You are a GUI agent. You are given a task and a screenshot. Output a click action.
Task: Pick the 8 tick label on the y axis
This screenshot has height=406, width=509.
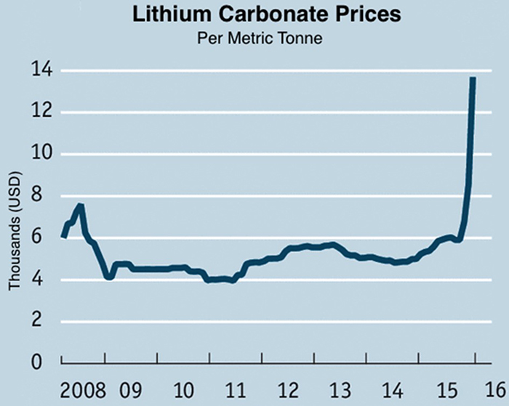pyautogui.click(x=45, y=196)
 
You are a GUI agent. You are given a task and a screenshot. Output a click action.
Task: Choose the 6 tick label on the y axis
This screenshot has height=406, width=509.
pyautogui.click(x=45, y=238)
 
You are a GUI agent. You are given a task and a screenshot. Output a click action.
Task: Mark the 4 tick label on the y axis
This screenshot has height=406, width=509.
pyautogui.click(x=45, y=280)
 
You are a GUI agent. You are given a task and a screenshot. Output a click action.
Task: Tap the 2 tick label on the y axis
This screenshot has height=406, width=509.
pyautogui.click(x=45, y=322)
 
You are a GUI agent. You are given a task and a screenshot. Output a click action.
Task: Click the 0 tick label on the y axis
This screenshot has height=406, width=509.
pyautogui.click(x=45, y=363)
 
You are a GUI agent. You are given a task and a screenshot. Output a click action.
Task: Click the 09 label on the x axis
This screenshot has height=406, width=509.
pyautogui.click(x=136, y=386)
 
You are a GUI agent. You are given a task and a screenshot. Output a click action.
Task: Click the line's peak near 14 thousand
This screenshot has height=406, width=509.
pyautogui.click(x=473, y=78)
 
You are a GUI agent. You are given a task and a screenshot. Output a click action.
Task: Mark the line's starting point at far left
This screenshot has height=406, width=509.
pyautogui.click(x=63, y=236)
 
